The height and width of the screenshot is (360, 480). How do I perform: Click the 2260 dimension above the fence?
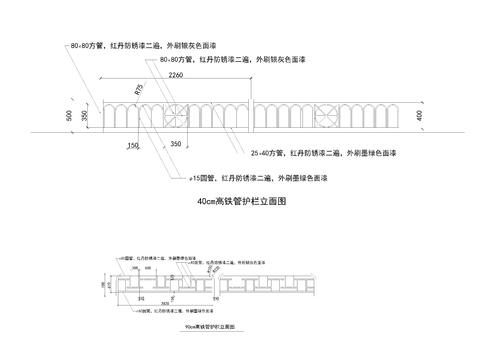click(x=175, y=75)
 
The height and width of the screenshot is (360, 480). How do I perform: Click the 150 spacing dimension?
click(x=132, y=146)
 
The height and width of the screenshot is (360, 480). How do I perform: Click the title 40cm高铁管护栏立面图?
click(x=244, y=201)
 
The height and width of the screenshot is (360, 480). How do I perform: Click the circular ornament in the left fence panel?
click(x=175, y=115)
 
